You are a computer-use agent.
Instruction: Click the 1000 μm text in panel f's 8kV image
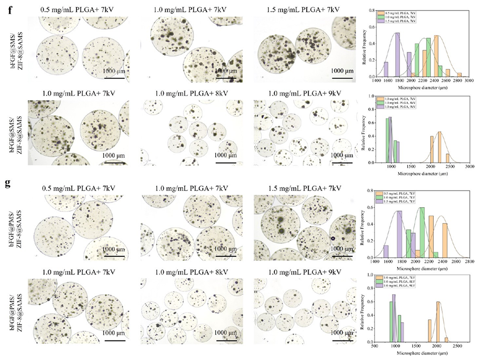pos(225,156)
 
